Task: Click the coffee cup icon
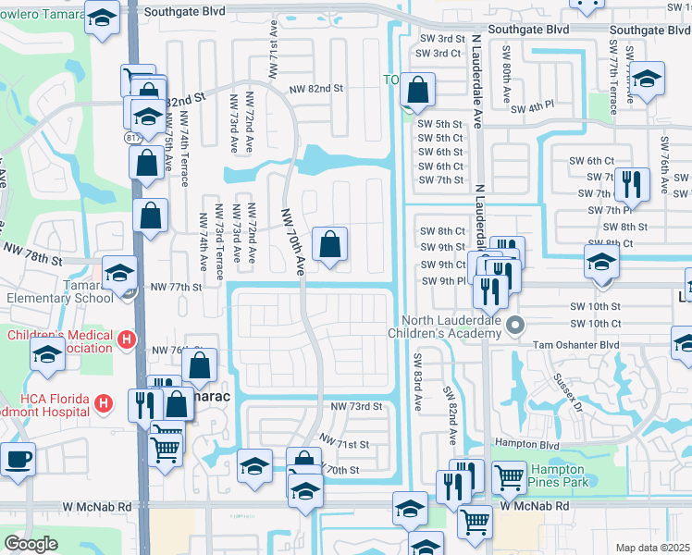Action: (x=18, y=459)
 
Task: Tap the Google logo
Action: (x=31, y=544)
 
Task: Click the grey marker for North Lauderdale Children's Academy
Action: (x=516, y=325)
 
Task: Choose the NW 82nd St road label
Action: (x=316, y=89)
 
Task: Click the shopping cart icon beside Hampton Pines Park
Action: (x=509, y=477)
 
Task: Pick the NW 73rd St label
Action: (x=356, y=407)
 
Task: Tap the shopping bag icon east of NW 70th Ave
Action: (x=330, y=245)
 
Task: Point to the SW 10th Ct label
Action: (x=596, y=323)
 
